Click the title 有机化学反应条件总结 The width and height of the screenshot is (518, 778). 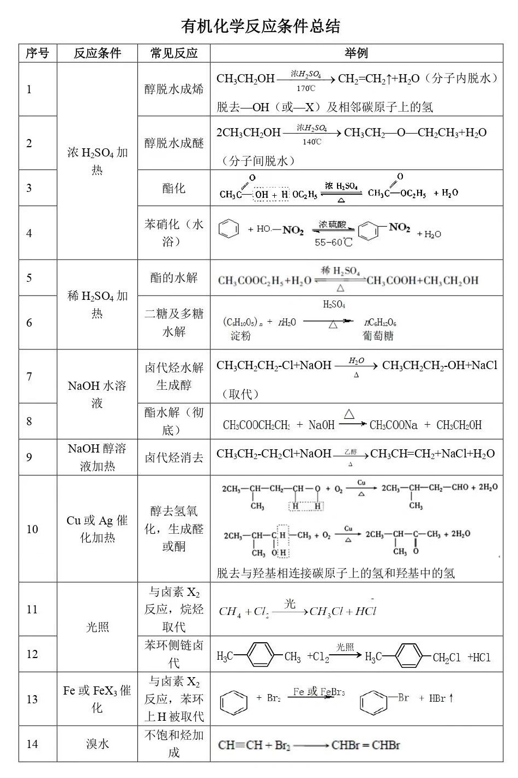coord(260,26)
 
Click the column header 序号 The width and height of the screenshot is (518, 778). coord(37,53)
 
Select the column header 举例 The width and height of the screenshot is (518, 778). coord(356,53)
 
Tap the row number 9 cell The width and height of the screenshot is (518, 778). coord(29,457)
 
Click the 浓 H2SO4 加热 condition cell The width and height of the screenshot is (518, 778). coord(97,161)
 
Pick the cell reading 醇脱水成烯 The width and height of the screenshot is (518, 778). coord(173,89)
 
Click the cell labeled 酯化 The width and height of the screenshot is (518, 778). coord(173,188)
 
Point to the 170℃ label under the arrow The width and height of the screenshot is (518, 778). coord(306,88)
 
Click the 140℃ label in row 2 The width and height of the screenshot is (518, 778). coord(312,142)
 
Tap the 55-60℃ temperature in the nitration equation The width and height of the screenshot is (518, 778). coord(333,242)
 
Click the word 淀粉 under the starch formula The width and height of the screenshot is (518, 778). coord(240,336)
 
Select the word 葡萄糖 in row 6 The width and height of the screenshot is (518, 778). coord(378,336)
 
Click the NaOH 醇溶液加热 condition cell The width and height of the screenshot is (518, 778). coord(97,457)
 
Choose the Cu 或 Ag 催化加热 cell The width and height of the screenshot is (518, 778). coord(97,529)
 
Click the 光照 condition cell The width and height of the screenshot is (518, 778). coord(97,627)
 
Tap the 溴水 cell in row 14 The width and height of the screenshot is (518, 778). coord(97,744)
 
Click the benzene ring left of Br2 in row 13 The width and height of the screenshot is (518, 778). coord(233,701)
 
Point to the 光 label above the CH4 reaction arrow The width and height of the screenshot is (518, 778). coord(290,604)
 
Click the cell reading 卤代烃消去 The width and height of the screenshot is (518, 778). coord(173,457)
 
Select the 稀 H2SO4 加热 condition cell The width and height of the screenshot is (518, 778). coord(97,304)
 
